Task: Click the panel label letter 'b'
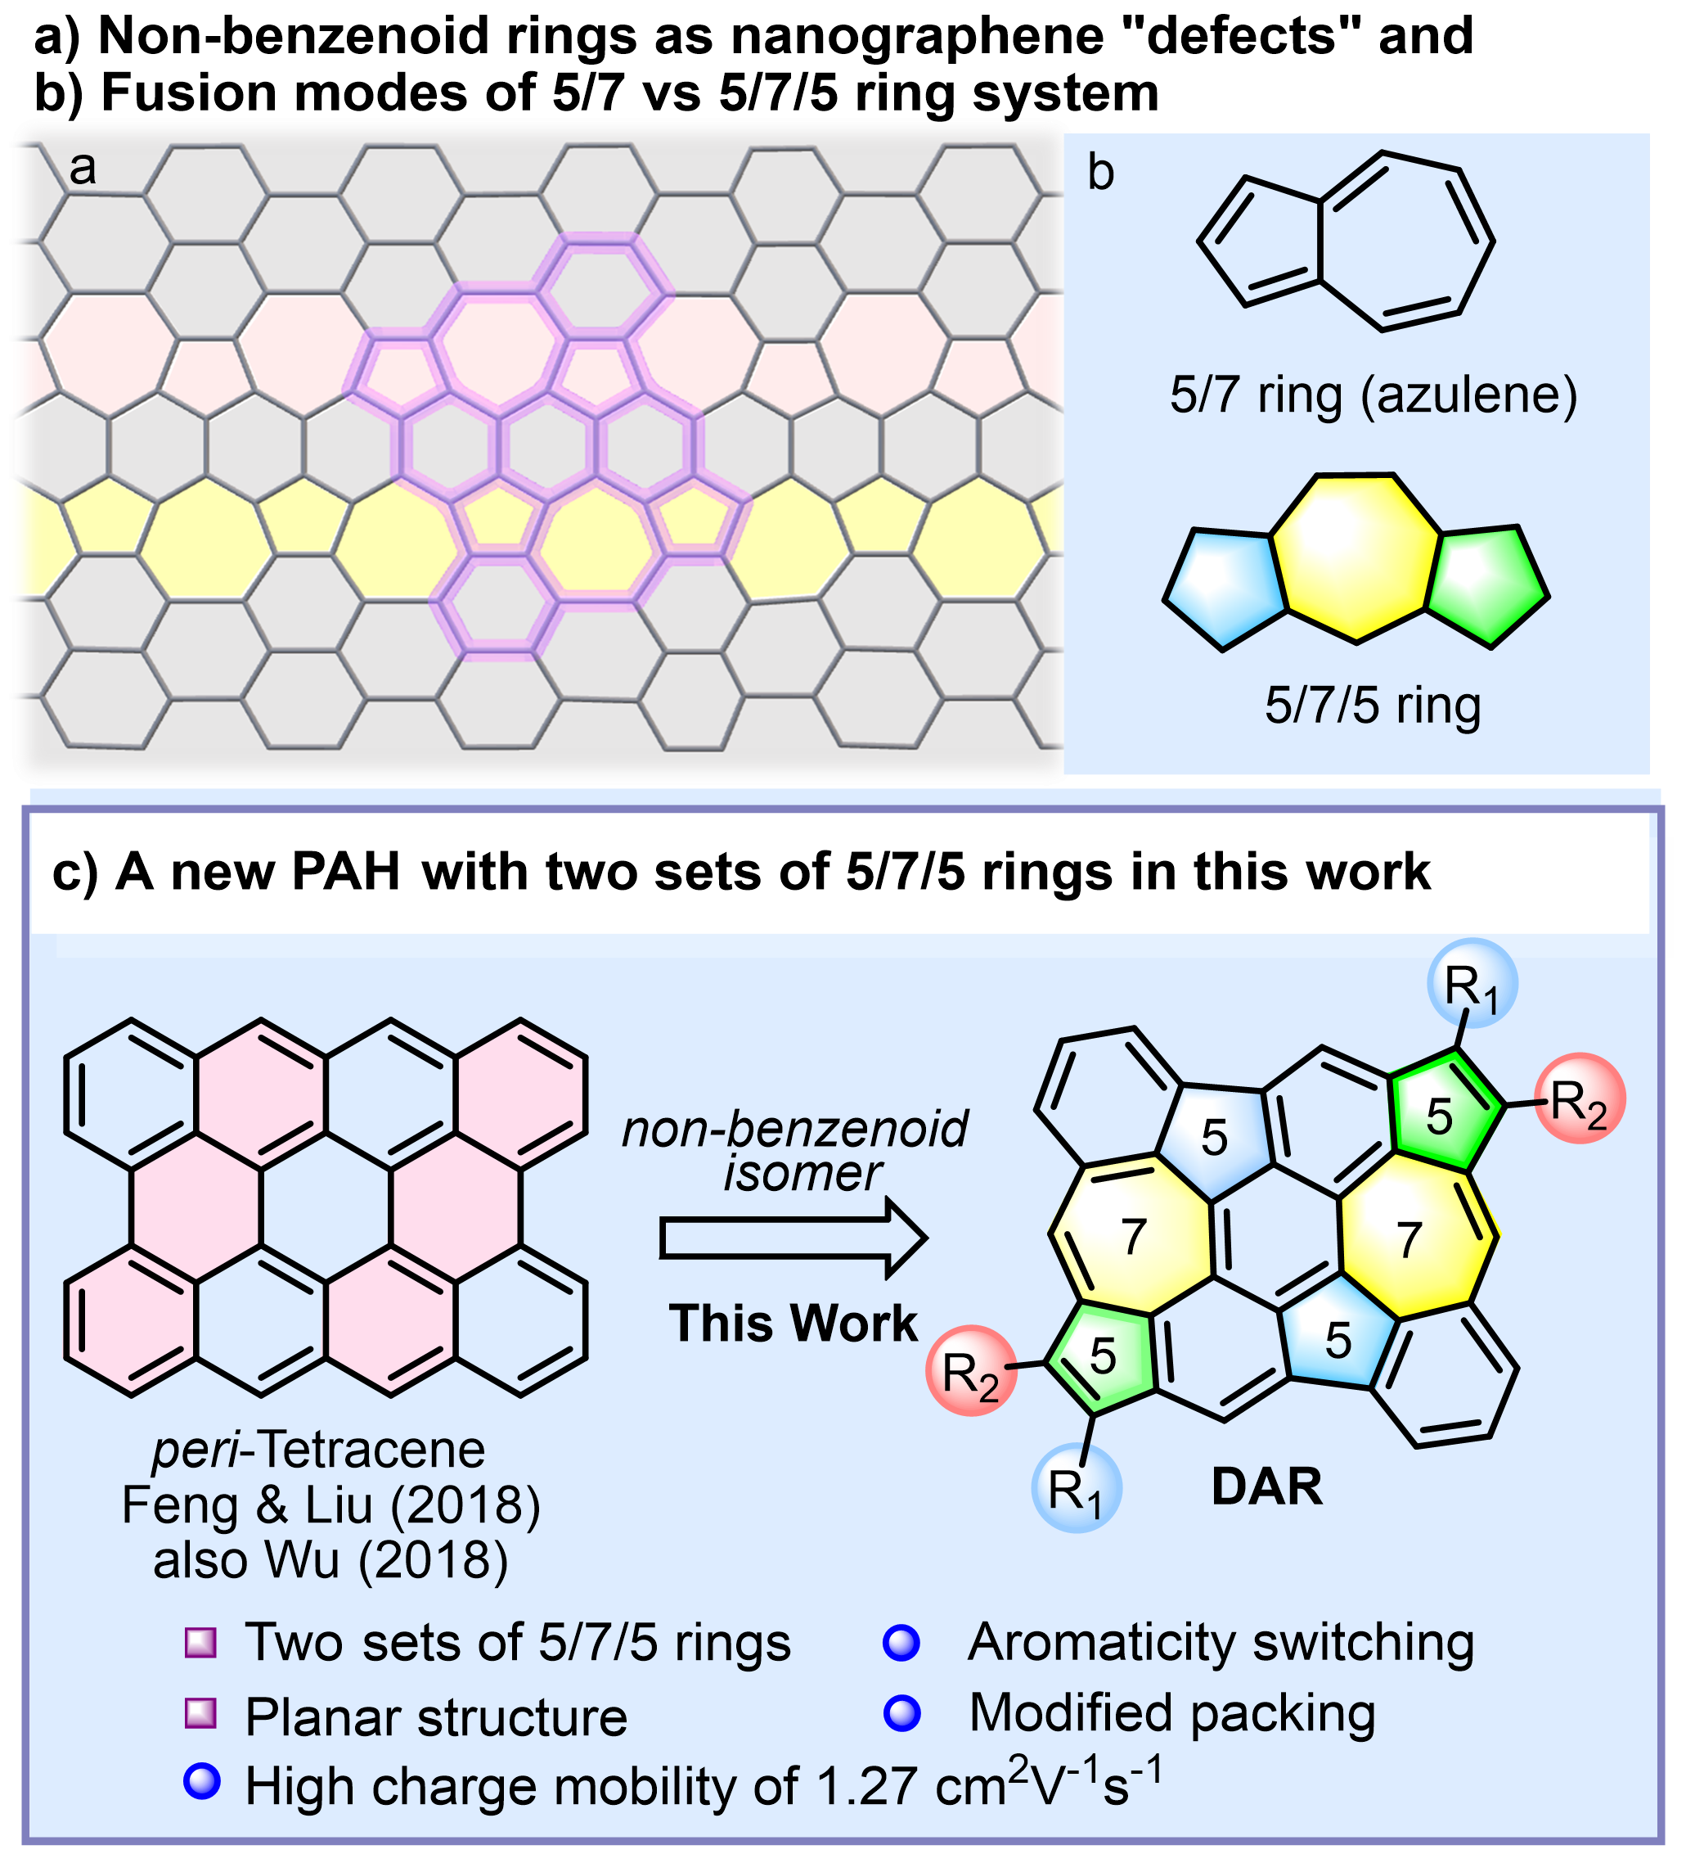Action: [x=1100, y=173]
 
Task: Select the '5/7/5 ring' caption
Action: [x=1373, y=706]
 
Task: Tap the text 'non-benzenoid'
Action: [x=795, y=1129]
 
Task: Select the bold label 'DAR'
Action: [x=1267, y=1487]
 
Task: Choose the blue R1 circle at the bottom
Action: [x=1076, y=1489]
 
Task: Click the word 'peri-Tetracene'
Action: [x=318, y=1450]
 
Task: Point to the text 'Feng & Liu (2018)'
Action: [x=331, y=1505]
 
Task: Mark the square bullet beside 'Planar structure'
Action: [x=200, y=1713]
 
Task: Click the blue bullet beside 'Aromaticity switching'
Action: [x=901, y=1643]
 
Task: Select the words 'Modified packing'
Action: [x=1172, y=1712]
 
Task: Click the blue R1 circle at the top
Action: [x=1472, y=983]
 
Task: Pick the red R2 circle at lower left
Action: [x=971, y=1371]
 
